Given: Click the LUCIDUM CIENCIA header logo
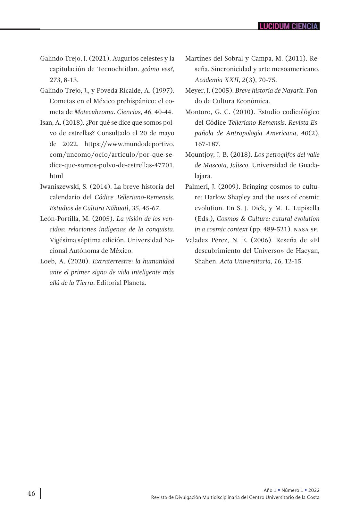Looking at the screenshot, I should tap(289, 26).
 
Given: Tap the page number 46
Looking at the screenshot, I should tap(31, 493).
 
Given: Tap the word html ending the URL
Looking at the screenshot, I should tap(56, 176).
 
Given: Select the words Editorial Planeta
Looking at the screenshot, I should tap(121, 283).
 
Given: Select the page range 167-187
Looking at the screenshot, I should tap(207, 144).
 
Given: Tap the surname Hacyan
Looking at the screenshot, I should tap(309, 251).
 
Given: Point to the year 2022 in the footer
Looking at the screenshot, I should tap(314, 490).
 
